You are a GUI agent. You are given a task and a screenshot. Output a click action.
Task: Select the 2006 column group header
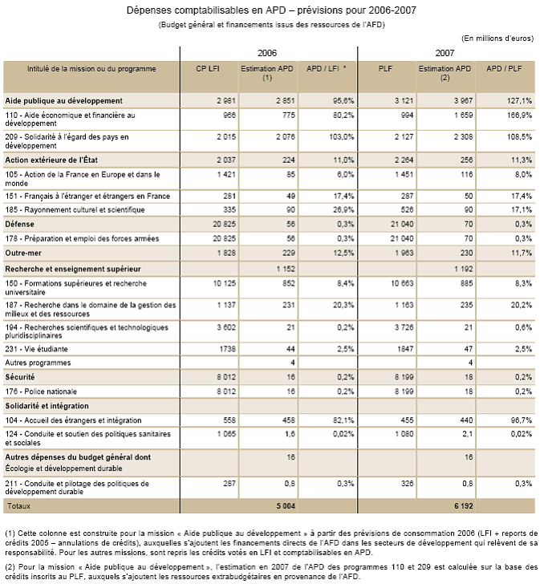click(269, 51)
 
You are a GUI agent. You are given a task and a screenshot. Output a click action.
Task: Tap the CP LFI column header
click(209, 70)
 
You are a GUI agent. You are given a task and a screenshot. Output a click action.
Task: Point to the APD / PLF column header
click(505, 70)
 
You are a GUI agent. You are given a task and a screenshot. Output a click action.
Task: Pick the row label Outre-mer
click(26, 253)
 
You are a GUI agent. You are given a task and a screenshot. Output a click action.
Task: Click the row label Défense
click(22, 223)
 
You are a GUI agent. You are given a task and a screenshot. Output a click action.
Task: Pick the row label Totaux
click(19, 507)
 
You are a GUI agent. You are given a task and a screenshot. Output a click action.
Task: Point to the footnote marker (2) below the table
click(10, 566)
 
